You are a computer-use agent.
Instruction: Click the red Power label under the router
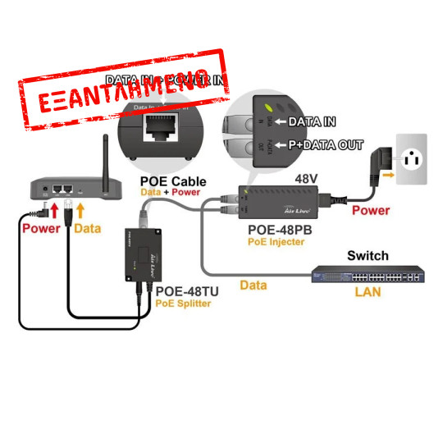coord(41,228)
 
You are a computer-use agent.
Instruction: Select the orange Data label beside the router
coord(88,228)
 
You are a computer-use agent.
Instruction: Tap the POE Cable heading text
coord(172,180)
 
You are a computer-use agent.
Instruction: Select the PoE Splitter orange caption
coord(182,303)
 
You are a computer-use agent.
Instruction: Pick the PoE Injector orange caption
coord(276,242)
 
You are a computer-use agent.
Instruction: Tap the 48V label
coord(306,177)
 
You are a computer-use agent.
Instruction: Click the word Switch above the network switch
coord(367,256)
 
